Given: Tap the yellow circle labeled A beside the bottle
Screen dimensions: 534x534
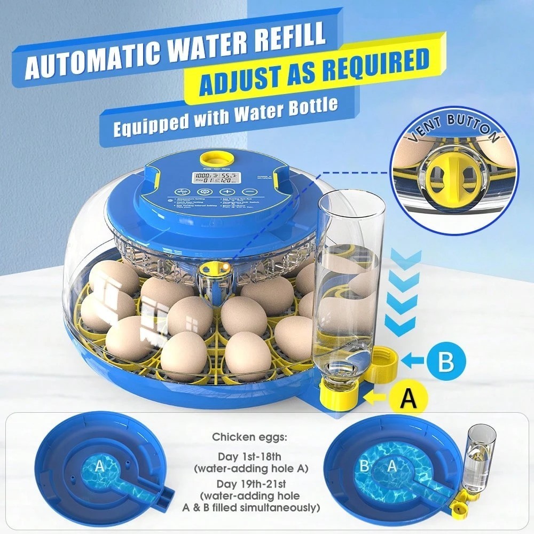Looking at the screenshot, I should [407, 398].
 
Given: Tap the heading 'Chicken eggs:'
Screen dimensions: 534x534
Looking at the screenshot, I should [249, 437].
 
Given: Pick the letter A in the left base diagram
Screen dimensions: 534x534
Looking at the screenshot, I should [99, 466].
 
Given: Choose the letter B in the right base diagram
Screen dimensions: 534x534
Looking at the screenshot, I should [365, 466].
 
